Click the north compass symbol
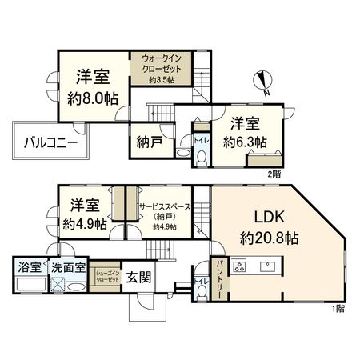265,80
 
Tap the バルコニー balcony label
50,143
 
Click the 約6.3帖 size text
245,142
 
